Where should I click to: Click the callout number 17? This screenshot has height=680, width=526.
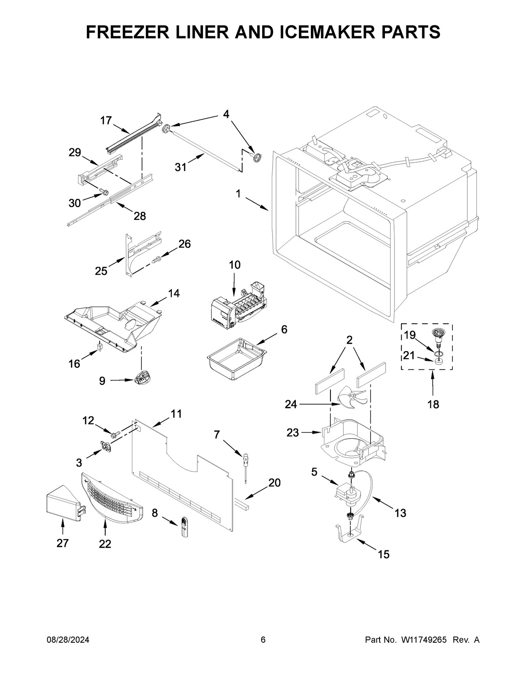click(x=106, y=120)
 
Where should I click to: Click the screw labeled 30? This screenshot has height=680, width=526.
click(x=104, y=192)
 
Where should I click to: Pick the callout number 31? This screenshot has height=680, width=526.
click(x=181, y=167)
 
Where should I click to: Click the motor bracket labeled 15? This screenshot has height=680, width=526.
click(x=349, y=531)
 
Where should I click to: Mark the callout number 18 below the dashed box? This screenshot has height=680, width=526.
click(x=433, y=404)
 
